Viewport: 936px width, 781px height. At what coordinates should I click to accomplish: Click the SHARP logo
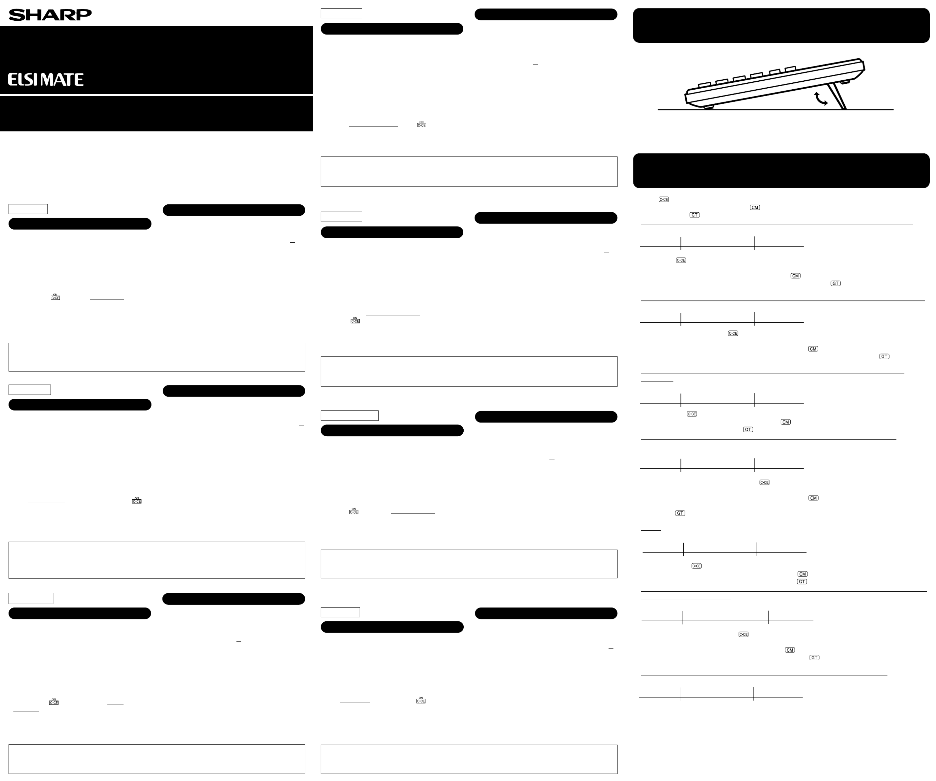50,15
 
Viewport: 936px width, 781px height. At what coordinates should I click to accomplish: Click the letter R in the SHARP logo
67,15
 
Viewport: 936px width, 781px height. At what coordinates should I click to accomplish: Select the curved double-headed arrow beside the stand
820,99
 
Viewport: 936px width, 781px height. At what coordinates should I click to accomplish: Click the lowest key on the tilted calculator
704,84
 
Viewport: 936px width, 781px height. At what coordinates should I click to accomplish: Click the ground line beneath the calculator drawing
775,110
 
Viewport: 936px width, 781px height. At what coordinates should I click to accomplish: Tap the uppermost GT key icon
694,215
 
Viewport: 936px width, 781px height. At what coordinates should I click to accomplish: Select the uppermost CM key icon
755,207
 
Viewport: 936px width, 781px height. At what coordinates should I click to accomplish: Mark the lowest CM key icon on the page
790,650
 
